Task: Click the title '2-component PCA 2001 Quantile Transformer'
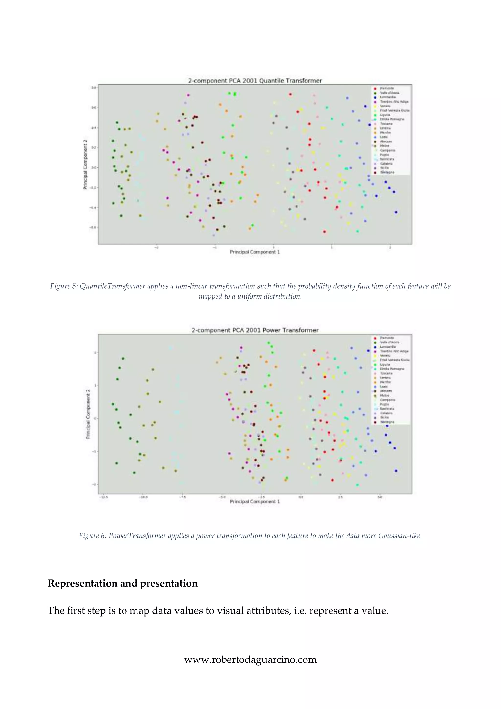point(255,81)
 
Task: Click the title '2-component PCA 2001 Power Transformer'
point(255,330)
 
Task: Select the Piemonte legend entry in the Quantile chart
point(386,88)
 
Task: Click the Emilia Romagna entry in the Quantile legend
point(392,119)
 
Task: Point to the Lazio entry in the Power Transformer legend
point(384,387)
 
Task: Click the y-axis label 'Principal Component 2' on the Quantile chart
point(85,164)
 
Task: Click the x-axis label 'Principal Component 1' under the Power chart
point(255,501)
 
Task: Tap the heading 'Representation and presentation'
point(123,583)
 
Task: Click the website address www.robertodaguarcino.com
point(250,659)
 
